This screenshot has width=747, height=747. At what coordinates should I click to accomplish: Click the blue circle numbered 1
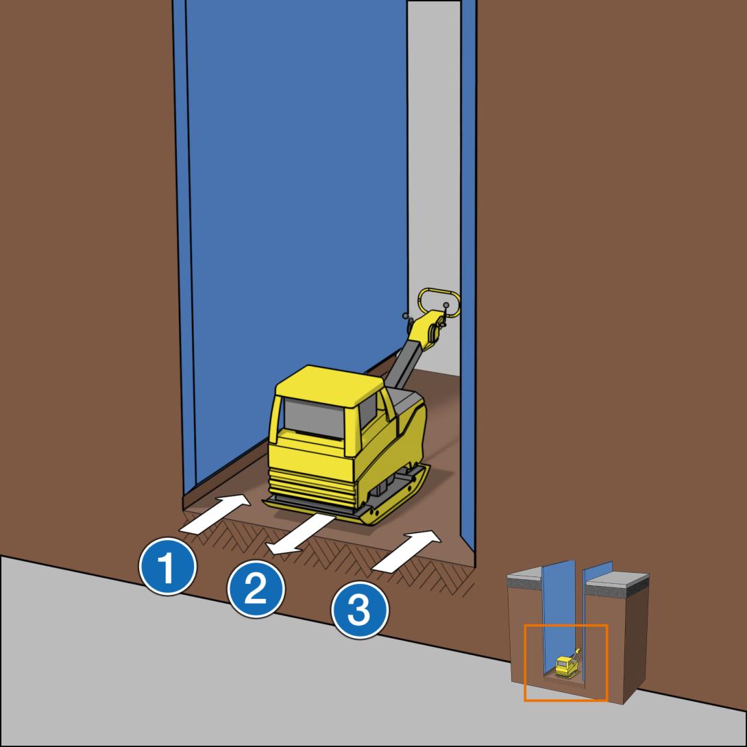(x=167, y=567)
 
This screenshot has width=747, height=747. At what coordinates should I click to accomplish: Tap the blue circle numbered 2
(x=256, y=589)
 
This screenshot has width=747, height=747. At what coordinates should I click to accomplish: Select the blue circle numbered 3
(x=360, y=610)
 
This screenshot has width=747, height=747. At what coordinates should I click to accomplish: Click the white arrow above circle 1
(x=215, y=514)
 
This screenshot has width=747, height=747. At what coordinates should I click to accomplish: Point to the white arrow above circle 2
(x=300, y=534)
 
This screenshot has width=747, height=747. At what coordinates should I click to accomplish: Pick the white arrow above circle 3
(x=406, y=551)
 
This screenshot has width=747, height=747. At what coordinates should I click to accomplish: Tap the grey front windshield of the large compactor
(x=314, y=418)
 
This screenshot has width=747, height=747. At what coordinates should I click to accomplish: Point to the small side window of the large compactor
(x=368, y=411)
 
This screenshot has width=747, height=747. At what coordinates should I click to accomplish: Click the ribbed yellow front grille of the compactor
(x=312, y=487)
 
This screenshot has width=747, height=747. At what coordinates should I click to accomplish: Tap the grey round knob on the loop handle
(x=446, y=305)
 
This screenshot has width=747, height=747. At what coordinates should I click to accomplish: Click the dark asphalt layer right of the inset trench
(x=617, y=590)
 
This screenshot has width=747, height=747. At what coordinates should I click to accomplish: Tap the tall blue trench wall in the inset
(x=559, y=615)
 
